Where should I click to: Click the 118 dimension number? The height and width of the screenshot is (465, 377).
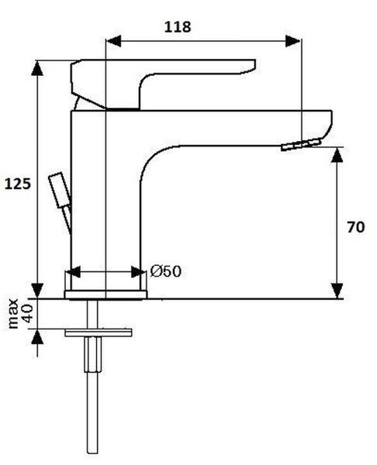(x=178, y=26)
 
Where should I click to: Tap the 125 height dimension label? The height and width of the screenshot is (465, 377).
(x=18, y=184)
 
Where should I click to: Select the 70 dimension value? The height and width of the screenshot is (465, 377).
(x=355, y=227)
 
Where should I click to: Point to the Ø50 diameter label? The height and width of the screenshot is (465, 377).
(x=165, y=271)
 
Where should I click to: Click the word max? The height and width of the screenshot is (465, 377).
(x=13, y=314)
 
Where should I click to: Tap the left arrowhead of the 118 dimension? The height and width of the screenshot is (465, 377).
(x=113, y=41)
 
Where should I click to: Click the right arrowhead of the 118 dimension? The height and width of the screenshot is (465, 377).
(x=293, y=41)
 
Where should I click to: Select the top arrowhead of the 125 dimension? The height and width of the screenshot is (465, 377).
(x=37, y=68)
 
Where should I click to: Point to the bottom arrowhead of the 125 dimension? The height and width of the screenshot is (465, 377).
(x=37, y=291)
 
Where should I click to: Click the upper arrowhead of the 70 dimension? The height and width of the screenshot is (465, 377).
(x=337, y=155)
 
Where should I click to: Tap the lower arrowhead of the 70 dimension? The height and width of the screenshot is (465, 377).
(x=337, y=291)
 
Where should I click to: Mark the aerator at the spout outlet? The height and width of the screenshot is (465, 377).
(x=301, y=144)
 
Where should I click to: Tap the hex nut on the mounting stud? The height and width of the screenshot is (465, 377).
(x=93, y=355)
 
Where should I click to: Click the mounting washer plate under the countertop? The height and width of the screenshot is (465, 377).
(x=99, y=332)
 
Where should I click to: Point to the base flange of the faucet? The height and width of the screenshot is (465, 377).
(x=105, y=294)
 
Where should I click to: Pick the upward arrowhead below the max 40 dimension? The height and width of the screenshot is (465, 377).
(x=37, y=337)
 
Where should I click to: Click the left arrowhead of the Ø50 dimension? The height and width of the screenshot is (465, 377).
(x=73, y=272)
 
